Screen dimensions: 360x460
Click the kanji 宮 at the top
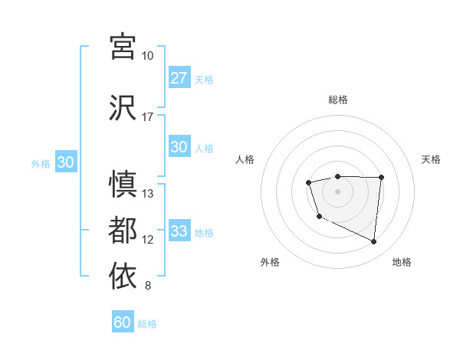tap(123, 46)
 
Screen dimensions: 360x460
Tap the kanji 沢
tap(123, 107)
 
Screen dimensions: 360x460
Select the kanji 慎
tap(123, 184)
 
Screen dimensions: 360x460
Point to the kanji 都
tap(123, 230)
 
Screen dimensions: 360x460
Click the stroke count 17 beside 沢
tap(147, 117)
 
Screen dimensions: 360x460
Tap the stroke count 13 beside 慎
tap(148, 193)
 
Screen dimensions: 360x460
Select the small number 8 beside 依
tap(147, 286)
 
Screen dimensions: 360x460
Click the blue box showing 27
tap(179, 78)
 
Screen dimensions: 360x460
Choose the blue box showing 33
tap(179, 231)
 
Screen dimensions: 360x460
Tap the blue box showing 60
tap(123, 322)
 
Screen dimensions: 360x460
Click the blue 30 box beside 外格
tap(65, 162)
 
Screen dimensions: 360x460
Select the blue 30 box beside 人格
tap(179, 147)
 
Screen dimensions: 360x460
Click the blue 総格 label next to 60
tap(147, 324)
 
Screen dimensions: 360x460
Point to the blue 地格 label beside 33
tap(204, 232)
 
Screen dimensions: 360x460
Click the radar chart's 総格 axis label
tap(337, 100)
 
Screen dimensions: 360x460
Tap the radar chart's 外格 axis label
tap(270, 262)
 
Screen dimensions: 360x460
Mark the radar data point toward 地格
tap(374, 242)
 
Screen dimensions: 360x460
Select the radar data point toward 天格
tap(381, 178)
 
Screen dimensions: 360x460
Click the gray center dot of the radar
tap(337, 191)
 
